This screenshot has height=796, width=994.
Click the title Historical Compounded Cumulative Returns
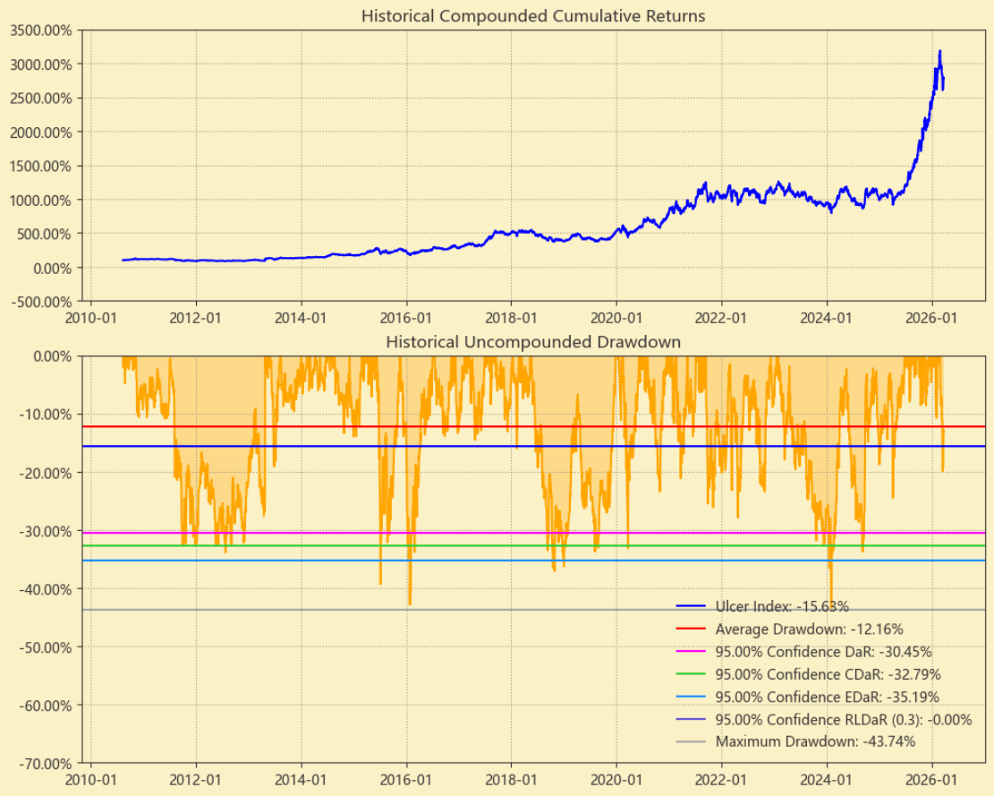click(532, 16)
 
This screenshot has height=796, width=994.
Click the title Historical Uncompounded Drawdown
click(532, 342)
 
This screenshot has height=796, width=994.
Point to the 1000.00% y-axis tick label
click(43, 200)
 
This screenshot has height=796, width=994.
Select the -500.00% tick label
click(43, 301)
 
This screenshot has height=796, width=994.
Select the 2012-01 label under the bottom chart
click(196, 780)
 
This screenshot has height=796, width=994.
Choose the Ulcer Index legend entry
click(782, 606)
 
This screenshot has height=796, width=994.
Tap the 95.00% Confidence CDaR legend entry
click(828, 674)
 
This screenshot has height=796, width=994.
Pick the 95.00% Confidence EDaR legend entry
click(828, 697)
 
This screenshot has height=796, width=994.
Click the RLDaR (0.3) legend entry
click(843, 719)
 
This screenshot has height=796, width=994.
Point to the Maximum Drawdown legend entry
click(815, 741)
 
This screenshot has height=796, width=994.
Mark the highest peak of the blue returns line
click(939, 51)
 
